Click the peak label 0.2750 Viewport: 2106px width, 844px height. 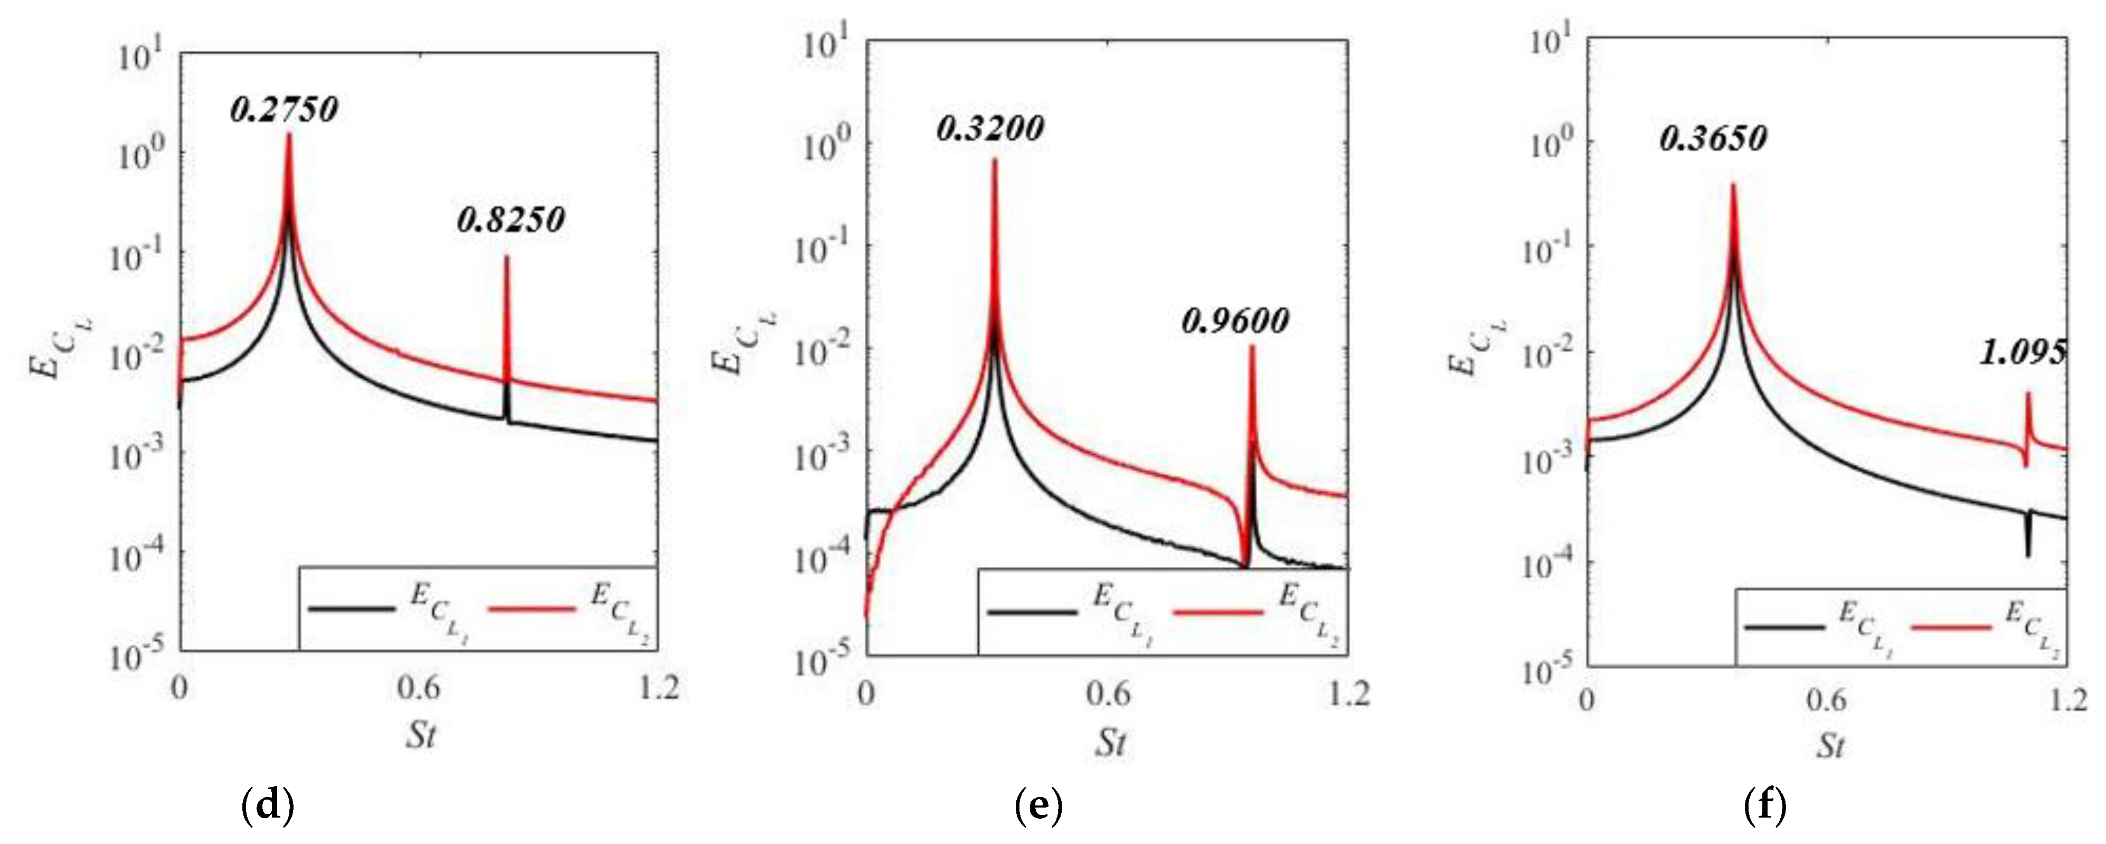[284, 109]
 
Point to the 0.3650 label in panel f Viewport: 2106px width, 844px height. [1713, 139]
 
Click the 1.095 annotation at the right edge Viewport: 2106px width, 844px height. [2023, 352]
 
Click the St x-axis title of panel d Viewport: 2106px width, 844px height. [421, 735]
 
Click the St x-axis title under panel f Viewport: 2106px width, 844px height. [1830, 745]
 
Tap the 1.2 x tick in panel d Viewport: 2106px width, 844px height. [659, 687]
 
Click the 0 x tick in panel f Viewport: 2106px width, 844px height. [1587, 699]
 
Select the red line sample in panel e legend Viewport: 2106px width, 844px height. [1218, 612]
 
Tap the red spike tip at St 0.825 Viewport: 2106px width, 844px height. [506, 258]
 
